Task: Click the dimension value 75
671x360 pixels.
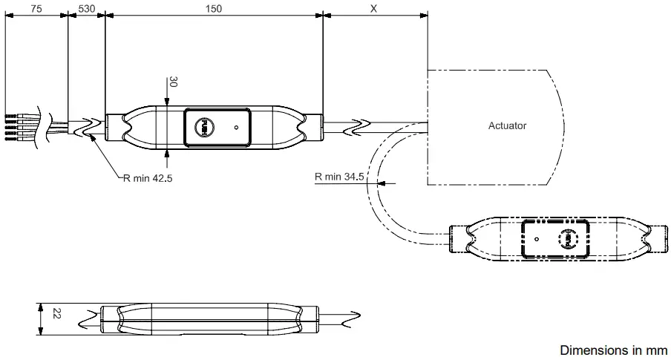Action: click(35, 8)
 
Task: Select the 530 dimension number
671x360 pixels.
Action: click(86, 8)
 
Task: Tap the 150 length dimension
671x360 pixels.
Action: click(214, 8)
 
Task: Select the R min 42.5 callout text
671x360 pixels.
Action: click(148, 178)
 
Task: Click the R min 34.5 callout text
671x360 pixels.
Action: click(339, 177)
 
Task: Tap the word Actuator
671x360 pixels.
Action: click(507, 125)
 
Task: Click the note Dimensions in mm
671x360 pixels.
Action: click(613, 350)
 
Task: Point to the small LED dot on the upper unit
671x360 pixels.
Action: click(236, 128)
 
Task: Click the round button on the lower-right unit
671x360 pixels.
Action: click(565, 238)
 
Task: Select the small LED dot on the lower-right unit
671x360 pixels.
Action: click(536, 239)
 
